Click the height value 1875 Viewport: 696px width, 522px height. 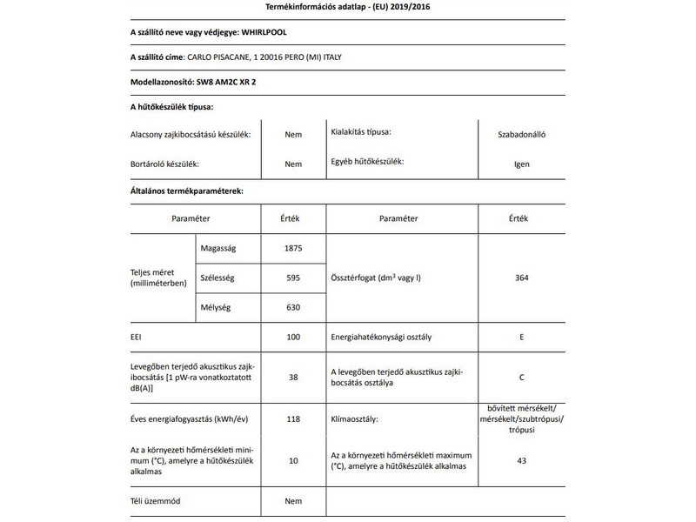click(x=292, y=248)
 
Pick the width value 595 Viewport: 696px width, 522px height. click(x=292, y=278)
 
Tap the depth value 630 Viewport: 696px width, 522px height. click(x=292, y=306)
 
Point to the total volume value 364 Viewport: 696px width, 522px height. click(x=521, y=278)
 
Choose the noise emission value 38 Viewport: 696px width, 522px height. click(x=292, y=378)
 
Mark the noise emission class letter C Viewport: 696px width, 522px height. click(x=521, y=378)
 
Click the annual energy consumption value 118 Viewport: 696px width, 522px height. click(x=292, y=419)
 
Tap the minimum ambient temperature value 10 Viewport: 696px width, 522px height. click(x=292, y=460)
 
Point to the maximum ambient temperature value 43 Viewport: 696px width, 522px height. click(x=521, y=460)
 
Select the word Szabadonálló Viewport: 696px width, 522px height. click(x=521, y=135)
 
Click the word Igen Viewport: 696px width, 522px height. click(x=521, y=164)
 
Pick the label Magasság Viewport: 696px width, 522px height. click(x=218, y=248)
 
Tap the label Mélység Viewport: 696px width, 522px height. click(x=217, y=306)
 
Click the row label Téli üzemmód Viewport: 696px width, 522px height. click(x=155, y=501)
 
